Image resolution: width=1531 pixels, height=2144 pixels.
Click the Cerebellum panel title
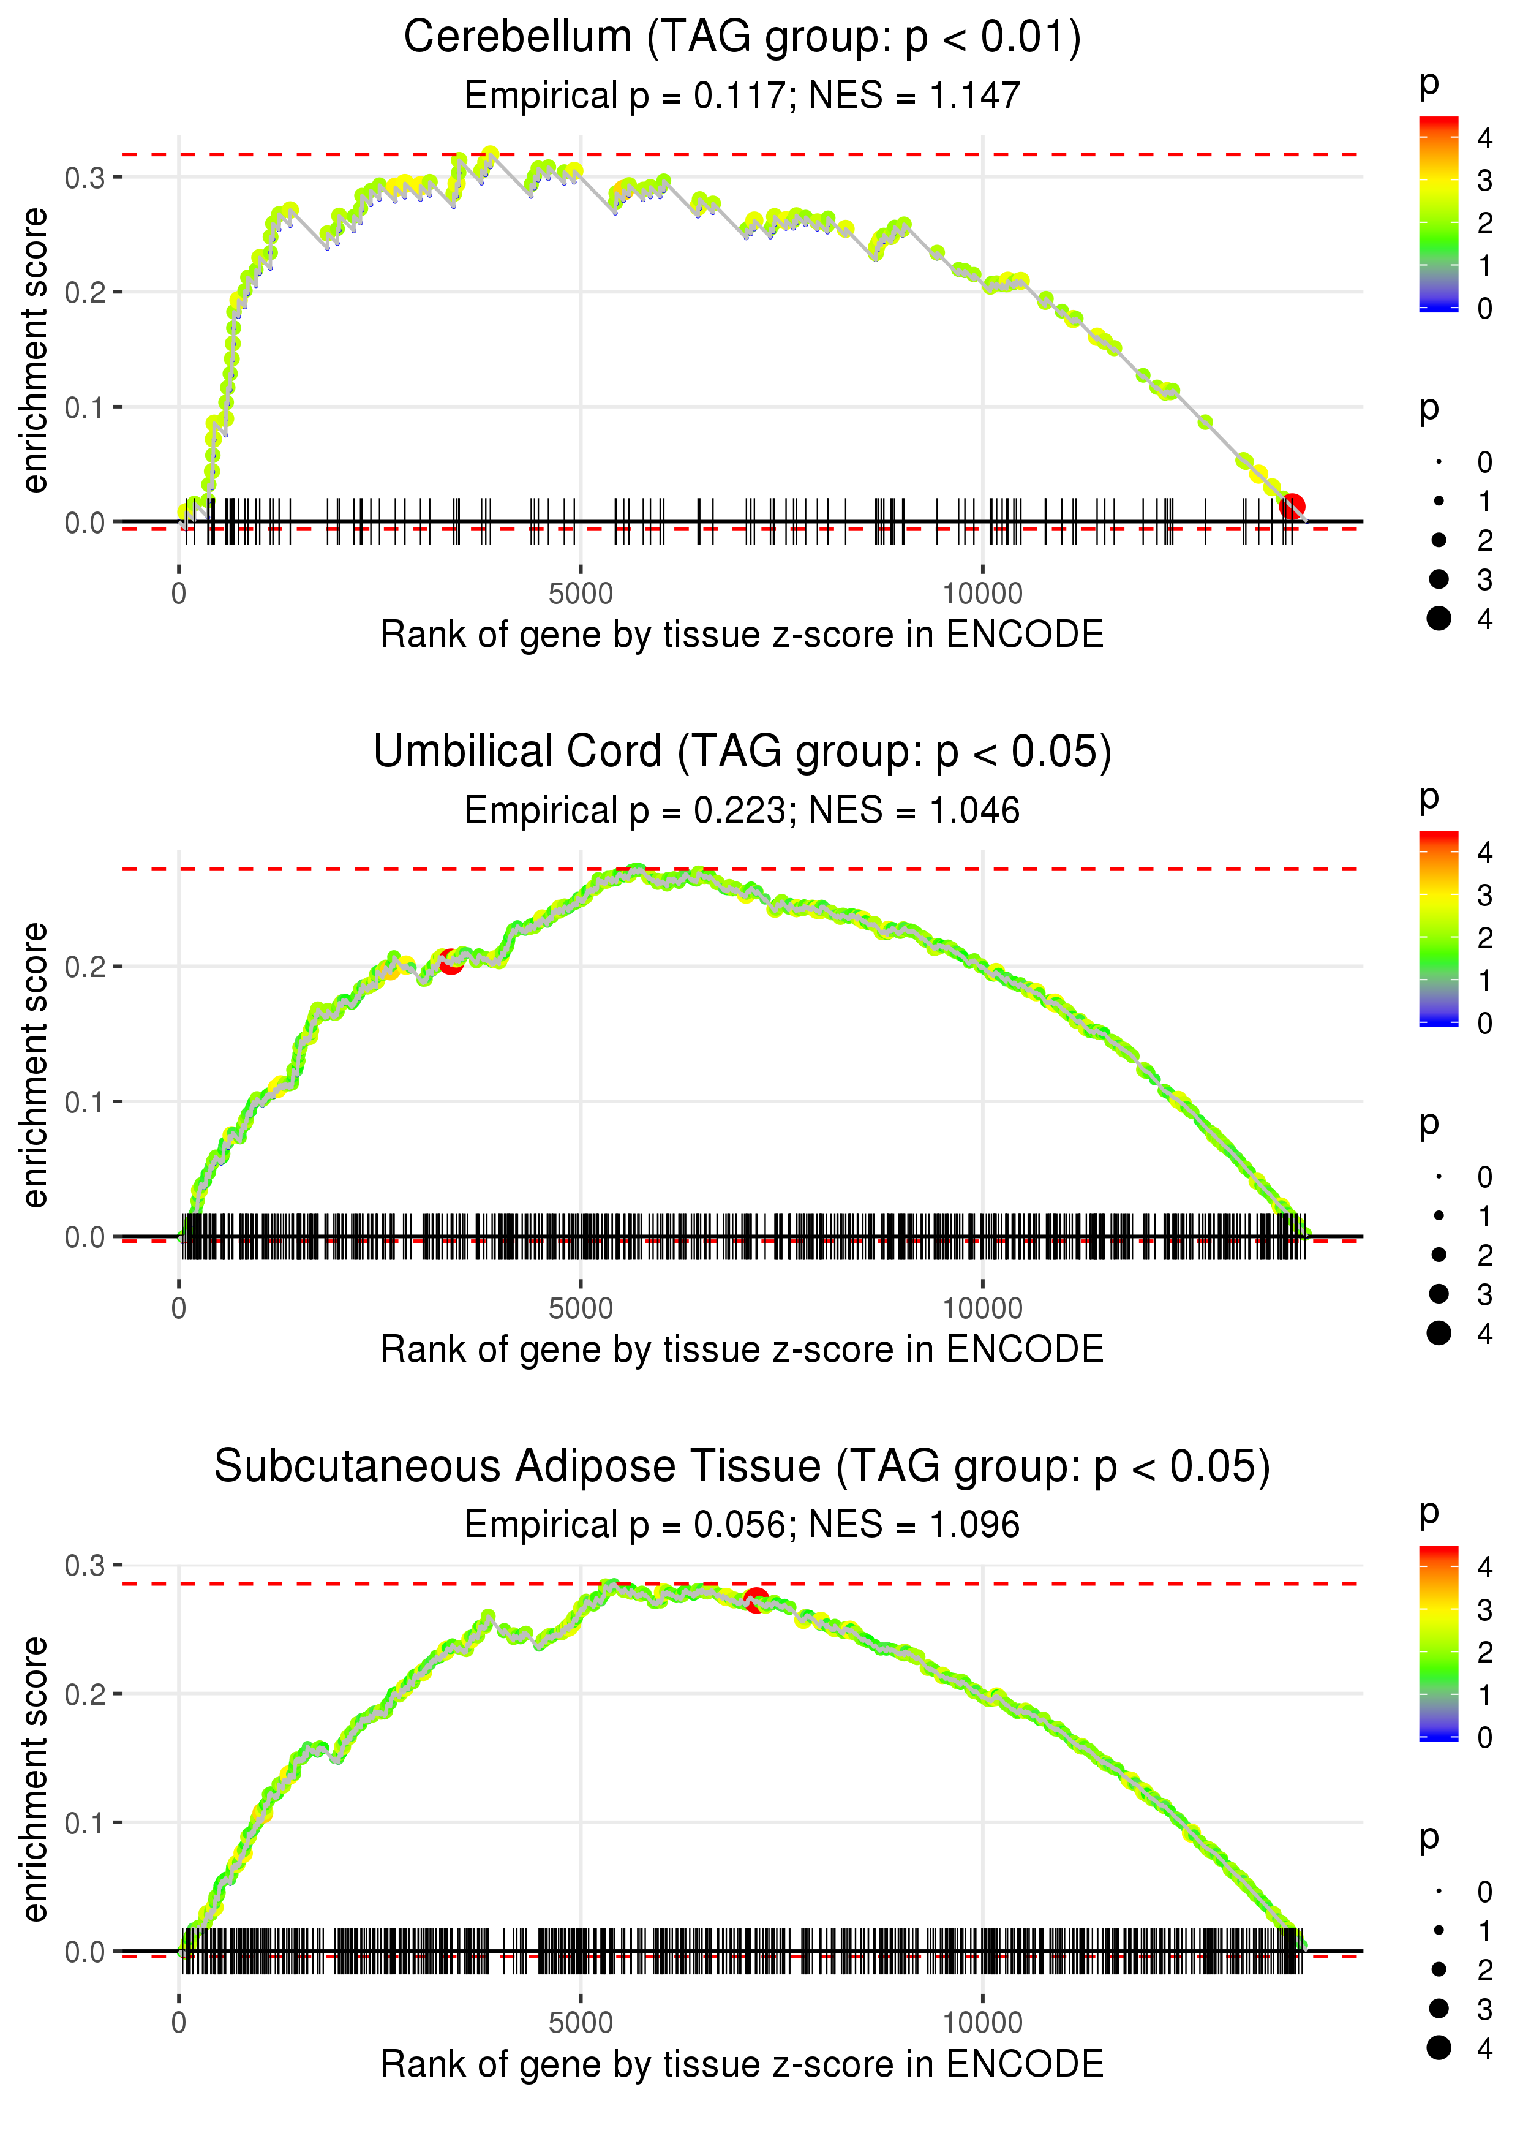(x=742, y=39)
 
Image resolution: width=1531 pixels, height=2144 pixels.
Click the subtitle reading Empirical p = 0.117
(x=742, y=96)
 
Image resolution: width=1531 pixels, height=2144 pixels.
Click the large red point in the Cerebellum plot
(x=1292, y=507)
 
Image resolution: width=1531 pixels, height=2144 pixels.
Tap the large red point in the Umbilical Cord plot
(x=451, y=962)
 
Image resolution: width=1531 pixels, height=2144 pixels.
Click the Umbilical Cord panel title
(x=742, y=752)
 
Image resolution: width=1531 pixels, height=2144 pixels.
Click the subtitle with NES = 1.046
(x=742, y=811)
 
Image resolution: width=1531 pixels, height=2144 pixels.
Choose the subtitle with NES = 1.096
(x=742, y=1525)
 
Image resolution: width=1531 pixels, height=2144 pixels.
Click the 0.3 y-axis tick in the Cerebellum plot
(x=85, y=177)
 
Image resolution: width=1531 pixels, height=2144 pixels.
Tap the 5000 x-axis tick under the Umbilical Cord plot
(x=580, y=1308)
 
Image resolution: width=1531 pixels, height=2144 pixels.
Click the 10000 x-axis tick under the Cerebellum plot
(x=982, y=594)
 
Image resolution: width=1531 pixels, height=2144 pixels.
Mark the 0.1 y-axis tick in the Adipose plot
(x=85, y=1822)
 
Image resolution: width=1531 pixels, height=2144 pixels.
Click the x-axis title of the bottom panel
(x=742, y=2064)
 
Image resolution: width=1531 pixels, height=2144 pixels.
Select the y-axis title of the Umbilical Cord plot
(x=35, y=1065)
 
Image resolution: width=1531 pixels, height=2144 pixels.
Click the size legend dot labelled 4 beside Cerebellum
(x=1439, y=619)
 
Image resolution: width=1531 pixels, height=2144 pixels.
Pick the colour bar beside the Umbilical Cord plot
(x=1439, y=928)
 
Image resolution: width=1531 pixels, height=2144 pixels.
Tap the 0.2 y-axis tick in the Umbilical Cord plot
(x=85, y=967)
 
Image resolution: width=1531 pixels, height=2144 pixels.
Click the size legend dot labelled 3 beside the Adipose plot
(x=1439, y=2008)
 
